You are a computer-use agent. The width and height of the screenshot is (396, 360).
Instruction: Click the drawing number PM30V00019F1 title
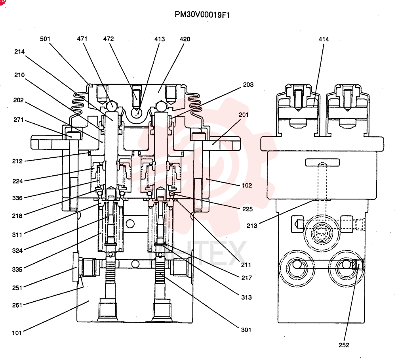point(202,15)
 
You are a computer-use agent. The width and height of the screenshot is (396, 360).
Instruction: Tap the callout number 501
point(45,39)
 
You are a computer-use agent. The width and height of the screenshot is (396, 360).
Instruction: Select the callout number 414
point(324,39)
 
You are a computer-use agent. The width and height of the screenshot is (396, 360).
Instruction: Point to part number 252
point(344,345)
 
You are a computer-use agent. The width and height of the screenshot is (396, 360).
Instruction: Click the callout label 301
point(246,329)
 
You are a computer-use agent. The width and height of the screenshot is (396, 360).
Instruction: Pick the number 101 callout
point(17,333)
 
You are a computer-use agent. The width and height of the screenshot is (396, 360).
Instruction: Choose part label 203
point(248,85)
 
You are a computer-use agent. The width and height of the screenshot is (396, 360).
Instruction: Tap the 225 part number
point(247,209)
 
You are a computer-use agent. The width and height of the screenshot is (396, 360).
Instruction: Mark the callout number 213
point(252,226)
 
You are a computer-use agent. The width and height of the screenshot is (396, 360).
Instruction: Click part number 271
point(19,120)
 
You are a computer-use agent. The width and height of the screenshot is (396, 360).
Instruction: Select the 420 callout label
point(185,39)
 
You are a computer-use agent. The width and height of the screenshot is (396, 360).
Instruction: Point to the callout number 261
point(17,305)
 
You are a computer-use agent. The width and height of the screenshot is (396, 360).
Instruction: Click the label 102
point(247,185)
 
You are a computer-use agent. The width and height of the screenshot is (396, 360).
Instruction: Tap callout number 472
point(109,39)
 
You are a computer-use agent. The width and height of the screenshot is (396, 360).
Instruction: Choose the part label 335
point(17,269)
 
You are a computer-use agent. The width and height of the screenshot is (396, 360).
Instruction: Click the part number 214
point(19,52)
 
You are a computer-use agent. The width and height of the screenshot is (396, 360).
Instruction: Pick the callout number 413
point(160,39)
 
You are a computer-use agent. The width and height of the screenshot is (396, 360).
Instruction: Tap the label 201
point(244,115)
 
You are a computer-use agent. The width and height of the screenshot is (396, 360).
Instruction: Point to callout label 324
point(17,251)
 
